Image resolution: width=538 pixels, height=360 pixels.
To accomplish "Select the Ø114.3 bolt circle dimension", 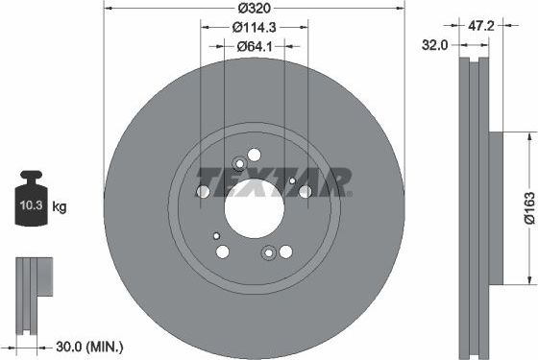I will click(x=256, y=28).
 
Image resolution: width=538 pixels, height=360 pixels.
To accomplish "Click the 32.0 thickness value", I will click(x=436, y=44).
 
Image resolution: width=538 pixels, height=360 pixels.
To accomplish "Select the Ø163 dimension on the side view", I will click(x=527, y=206).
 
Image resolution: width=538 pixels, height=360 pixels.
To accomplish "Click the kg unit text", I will click(x=59, y=206).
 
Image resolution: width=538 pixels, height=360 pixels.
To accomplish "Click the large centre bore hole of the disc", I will click(x=254, y=204).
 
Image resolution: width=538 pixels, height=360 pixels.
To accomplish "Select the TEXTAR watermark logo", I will click(x=274, y=180).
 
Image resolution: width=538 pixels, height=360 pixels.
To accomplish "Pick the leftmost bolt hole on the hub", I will click(x=203, y=192).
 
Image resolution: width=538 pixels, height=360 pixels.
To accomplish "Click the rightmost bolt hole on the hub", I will click(x=306, y=191).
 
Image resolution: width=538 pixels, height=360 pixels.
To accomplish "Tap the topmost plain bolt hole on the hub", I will click(x=254, y=154).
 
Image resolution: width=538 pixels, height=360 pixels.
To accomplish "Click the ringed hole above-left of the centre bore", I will click(x=238, y=163).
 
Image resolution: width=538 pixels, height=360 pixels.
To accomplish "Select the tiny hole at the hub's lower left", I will click(x=217, y=235).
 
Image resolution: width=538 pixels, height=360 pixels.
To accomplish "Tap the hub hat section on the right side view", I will click(x=495, y=206).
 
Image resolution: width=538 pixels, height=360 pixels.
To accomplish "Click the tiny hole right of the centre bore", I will click(x=292, y=180).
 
